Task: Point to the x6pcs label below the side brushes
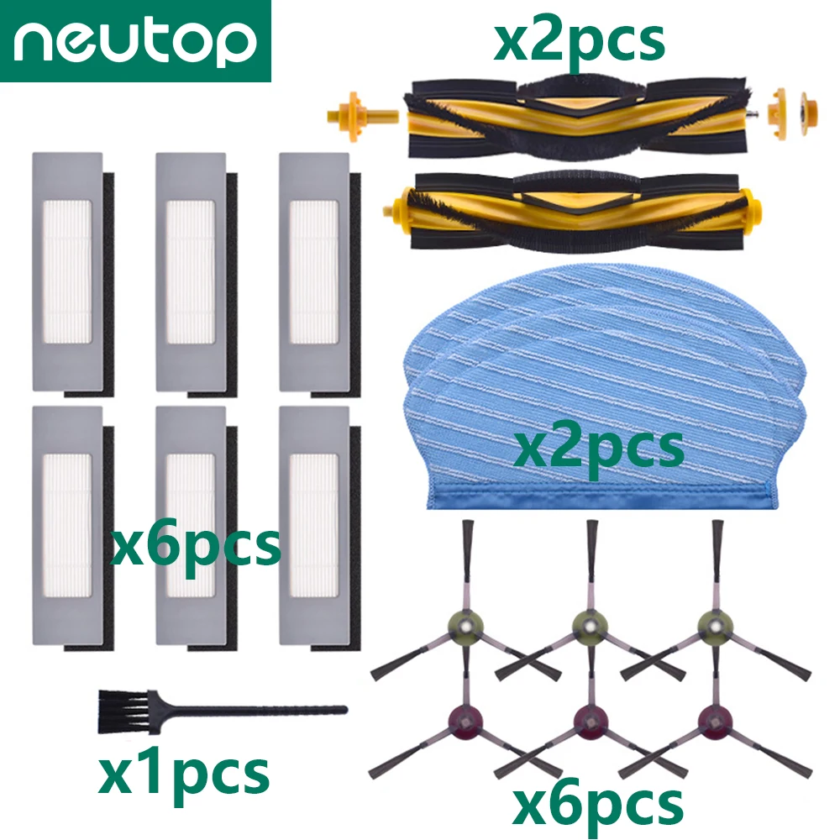(598, 804)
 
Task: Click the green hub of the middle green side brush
(591, 625)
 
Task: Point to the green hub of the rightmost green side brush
(715, 625)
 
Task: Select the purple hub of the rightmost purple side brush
(714, 719)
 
